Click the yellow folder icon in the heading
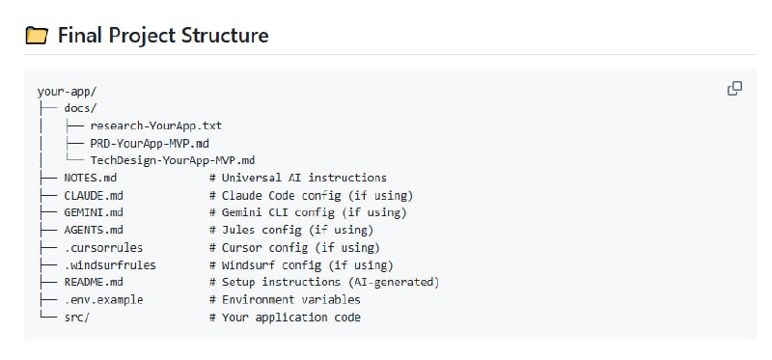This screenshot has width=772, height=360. [x=36, y=36]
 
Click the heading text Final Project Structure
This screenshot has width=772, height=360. [x=162, y=36]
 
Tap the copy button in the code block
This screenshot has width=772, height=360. [x=734, y=89]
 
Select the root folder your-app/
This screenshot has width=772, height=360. [x=67, y=92]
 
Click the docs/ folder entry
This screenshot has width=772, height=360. [x=80, y=109]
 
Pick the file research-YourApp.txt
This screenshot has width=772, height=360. [x=156, y=126]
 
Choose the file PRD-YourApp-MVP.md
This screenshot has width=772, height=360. [x=150, y=143]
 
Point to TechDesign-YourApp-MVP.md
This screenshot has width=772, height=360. [x=172, y=160]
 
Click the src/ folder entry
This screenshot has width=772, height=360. [x=76, y=317]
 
